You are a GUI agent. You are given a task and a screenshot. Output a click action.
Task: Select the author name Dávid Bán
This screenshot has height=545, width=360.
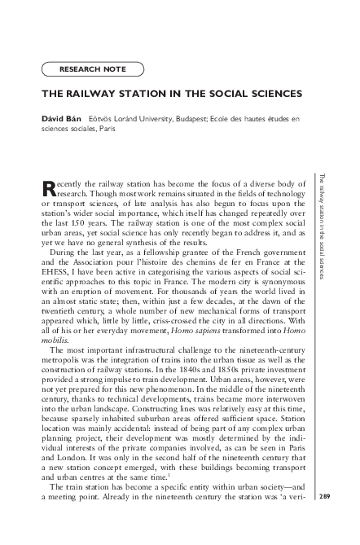tap(61, 119)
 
